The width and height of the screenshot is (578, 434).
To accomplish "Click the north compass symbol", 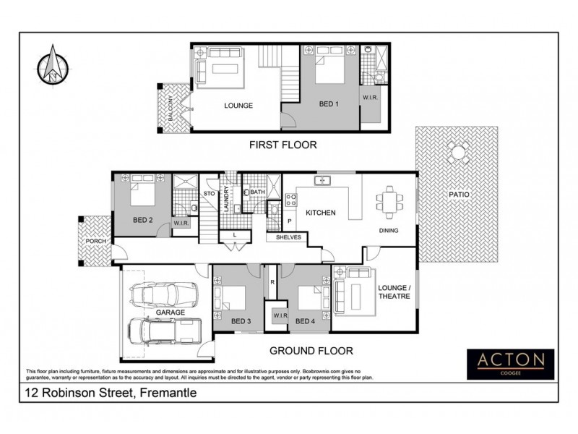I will (x=53, y=64).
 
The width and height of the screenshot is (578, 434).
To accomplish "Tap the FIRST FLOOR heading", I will (x=282, y=145).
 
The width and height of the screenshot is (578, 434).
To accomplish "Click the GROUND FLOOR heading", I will (x=311, y=351).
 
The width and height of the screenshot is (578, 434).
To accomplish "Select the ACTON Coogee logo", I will (x=510, y=359).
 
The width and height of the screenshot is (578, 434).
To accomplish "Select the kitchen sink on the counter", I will (x=322, y=180).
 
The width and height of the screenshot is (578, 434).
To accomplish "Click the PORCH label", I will (x=95, y=240).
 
